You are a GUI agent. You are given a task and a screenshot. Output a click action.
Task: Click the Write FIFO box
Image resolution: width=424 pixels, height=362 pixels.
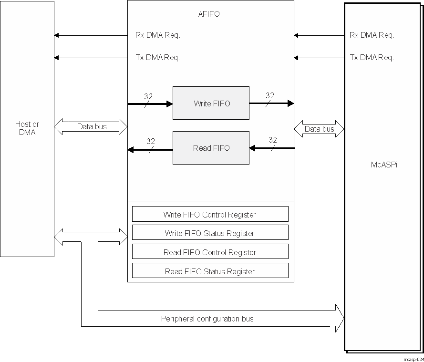211,103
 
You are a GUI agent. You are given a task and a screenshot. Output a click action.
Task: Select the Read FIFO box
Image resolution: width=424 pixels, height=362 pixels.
211,148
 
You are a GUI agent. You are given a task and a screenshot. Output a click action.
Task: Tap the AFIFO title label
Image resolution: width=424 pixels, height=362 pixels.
209,14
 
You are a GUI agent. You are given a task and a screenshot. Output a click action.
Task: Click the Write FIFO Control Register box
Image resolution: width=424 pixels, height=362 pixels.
210,214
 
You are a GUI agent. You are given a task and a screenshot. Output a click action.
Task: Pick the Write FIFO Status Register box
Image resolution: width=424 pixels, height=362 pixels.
210,233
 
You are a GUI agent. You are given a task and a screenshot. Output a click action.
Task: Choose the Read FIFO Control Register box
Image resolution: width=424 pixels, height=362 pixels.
210,252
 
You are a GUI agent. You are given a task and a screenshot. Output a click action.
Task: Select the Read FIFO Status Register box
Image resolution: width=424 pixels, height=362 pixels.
210,271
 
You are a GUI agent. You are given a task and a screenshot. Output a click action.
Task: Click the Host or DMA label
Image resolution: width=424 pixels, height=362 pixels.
27,128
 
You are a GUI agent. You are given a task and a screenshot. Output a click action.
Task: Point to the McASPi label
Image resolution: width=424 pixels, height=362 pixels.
384,165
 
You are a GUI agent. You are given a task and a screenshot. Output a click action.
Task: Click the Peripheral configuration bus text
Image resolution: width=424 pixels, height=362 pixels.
207,319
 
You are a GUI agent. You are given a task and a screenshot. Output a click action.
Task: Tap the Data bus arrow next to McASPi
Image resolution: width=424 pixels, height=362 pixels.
319,129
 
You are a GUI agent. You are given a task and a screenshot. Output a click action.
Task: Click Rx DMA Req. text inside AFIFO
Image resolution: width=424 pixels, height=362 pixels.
158,35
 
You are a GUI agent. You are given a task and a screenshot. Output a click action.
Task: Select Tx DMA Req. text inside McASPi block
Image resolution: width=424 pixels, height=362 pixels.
372,58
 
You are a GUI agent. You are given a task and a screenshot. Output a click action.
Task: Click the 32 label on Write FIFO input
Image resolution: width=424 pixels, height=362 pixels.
148,96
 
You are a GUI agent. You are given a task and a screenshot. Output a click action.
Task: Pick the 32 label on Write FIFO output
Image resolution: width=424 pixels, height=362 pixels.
270,95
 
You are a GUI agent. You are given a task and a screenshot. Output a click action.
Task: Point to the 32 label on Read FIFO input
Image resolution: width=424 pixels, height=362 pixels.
273,140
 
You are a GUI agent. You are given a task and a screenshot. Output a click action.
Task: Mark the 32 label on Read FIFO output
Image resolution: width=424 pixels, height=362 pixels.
151,141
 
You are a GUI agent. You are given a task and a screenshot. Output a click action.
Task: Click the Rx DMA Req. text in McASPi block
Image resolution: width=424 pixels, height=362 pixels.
372,35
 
